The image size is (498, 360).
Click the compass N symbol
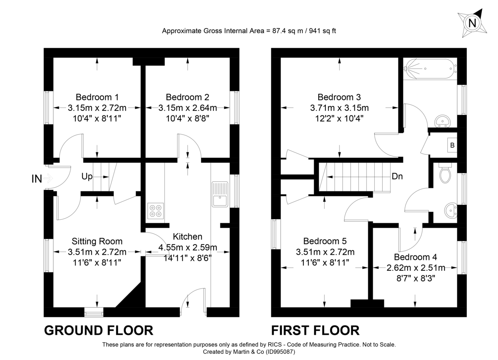tap(471, 23)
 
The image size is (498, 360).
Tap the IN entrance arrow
tap(47, 179)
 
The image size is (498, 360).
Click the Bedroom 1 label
tap(97, 97)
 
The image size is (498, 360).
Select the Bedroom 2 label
tap(188, 97)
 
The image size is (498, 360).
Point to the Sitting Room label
tap(97, 241)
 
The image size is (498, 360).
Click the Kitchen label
tap(188, 237)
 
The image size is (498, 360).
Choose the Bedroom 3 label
tap(339, 97)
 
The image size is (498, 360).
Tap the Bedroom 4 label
tap(415, 257)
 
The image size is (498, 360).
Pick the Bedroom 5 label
tap(325, 241)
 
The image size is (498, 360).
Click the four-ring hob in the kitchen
tap(156, 211)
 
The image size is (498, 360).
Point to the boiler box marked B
tap(452, 145)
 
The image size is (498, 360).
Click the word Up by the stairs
tap(87, 176)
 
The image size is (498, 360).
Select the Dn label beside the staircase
tap(397, 176)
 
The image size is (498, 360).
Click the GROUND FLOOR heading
tap(99, 331)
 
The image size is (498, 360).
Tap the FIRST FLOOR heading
tap(315, 331)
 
